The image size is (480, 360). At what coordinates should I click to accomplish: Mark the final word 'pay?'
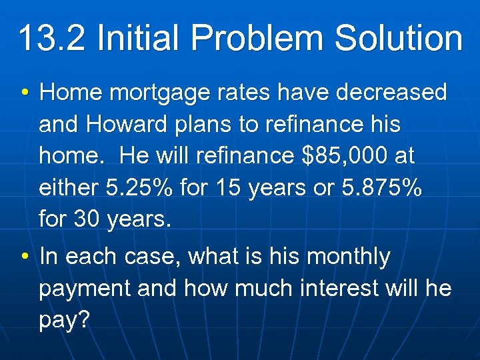point(64,320)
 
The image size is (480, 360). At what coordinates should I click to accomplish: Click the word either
point(67,187)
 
